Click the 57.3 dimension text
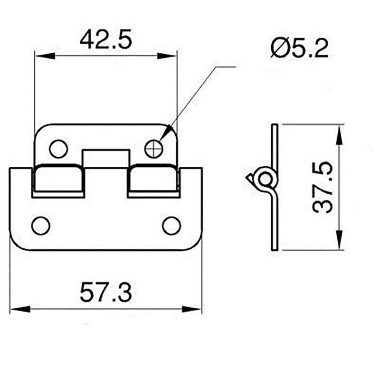pyautogui.click(x=105, y=293)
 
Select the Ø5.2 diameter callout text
pyautogui.click(x=299, y=48)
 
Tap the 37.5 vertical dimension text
pyautogui.click(x=323, y=187)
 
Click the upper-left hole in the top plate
pyautogui.click(x=58, y=149)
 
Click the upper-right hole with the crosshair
pyautogui.click(x=154, y=149)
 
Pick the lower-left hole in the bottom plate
pyautogui.click(x=41, y=225)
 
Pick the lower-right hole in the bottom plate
pyautogui.click(x=171, y=225)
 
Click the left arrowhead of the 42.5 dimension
pyautogui.click(x=43, y=56)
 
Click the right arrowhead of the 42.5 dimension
pyautogui.click(x=169, y=56)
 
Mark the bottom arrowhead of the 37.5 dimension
pyautogui.click(x=339, y=242)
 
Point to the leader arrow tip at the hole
pyautogui.click(x=161, y=141)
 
